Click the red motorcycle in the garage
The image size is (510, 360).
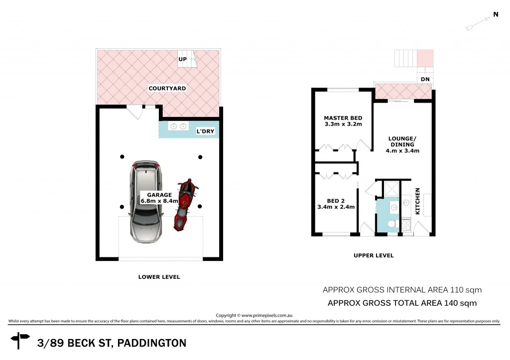185,204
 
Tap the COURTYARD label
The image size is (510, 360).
167,89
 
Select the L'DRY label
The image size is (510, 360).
206,131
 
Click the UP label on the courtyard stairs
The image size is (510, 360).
182,59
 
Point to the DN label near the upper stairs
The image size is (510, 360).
425,80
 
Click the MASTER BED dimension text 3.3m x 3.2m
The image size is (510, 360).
343,124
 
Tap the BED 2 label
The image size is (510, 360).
336,201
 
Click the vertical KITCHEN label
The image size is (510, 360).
418,201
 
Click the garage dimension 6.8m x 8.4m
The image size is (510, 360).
159,201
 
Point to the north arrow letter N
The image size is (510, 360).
496,15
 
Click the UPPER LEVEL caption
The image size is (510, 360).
374,255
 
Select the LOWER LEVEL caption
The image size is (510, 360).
159,277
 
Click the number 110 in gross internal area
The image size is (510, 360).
458,290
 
